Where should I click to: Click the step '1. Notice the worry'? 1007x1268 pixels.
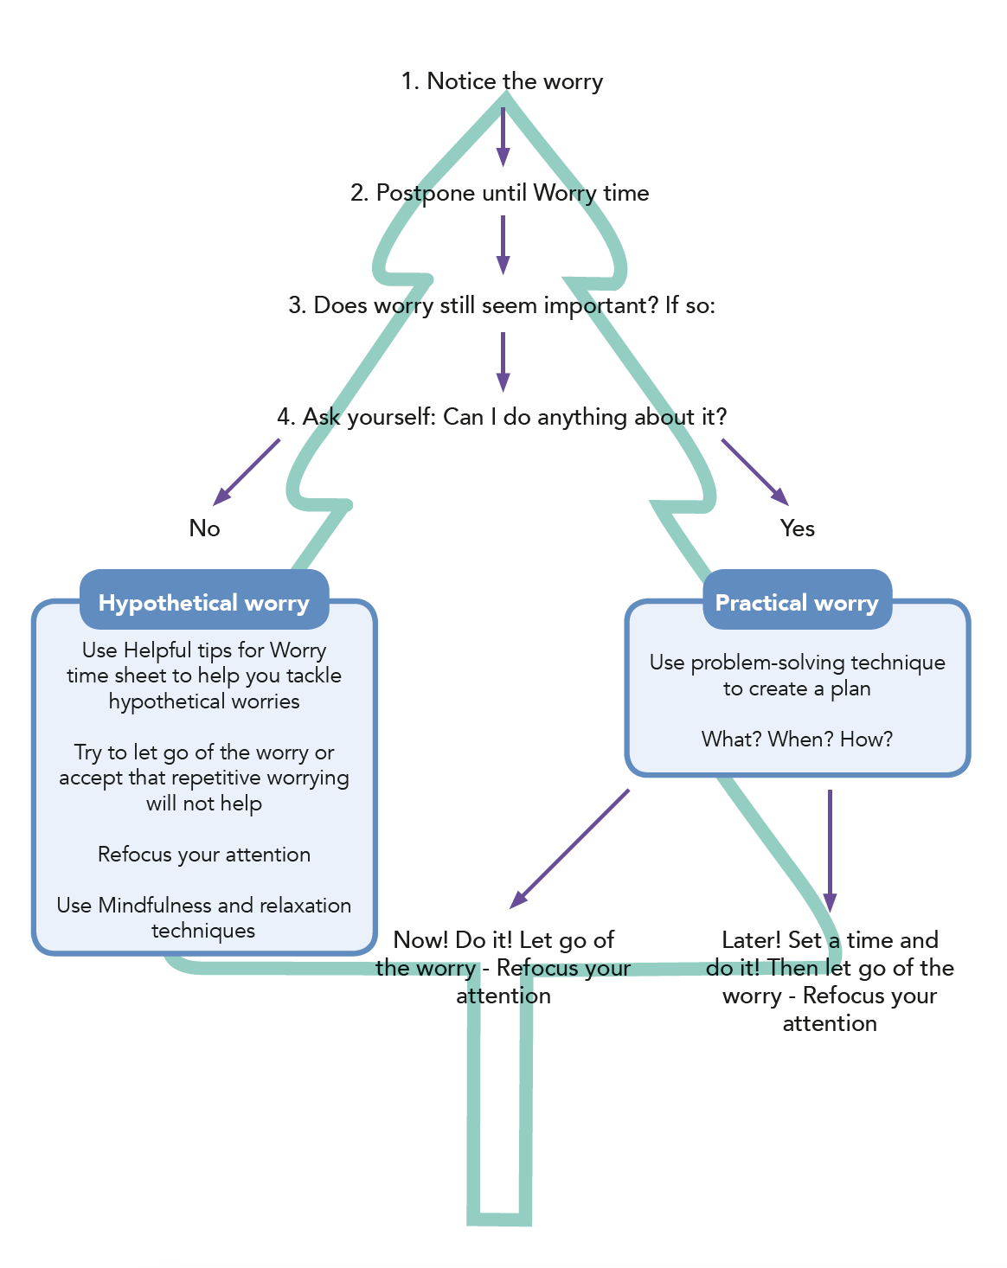(502, 81)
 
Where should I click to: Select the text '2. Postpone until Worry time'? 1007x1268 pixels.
(499, 193)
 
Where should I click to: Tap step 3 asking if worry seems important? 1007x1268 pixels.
(502, 305)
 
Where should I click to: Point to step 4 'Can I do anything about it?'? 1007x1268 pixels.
(502, 417)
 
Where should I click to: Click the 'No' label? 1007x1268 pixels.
(205, 528)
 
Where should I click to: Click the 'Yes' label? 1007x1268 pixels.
(797, 528)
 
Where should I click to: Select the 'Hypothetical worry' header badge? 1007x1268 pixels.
(204, 603)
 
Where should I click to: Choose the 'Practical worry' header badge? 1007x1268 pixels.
(797, 603)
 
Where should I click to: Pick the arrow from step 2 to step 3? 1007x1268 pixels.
(503, 244)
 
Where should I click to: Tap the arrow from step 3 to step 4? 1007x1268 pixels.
(503, 362)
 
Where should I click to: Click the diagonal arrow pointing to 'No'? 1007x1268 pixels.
(247, 471)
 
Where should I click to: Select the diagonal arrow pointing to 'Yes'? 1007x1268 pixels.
(754, 471)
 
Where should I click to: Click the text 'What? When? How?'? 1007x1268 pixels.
(797, 740)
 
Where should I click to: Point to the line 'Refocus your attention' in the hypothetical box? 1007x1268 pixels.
(204, 855)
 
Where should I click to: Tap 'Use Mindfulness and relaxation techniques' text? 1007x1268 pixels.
(204, 918)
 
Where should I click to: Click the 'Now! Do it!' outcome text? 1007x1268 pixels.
(503, 967)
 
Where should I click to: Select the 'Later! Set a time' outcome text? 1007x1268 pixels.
(830, 981)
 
